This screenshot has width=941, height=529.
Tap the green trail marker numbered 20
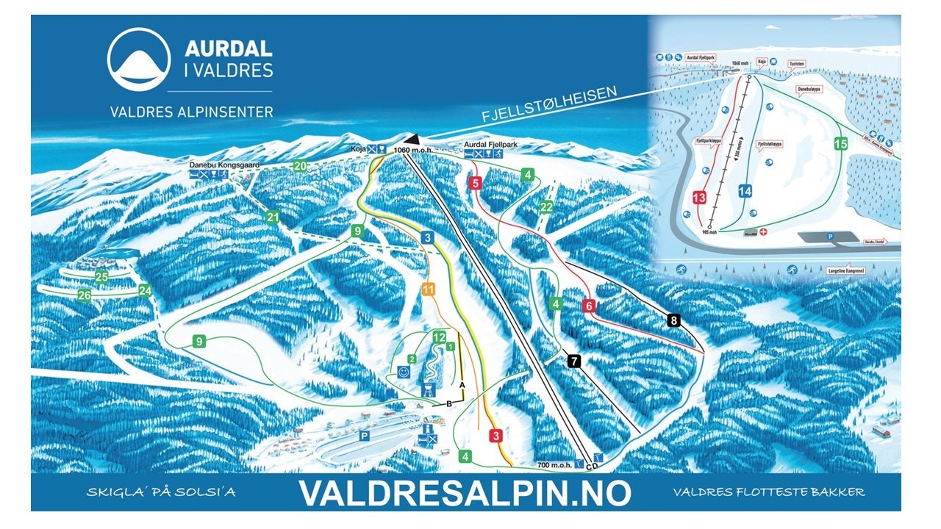tap(300, 166)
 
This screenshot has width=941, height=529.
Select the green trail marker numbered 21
tap(273, 217)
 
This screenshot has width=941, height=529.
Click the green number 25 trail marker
tap(101, 277)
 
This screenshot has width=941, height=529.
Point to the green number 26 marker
tap(85, 295)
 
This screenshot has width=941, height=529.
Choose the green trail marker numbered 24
tap(145, 289)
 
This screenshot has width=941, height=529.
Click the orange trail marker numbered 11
tap(429, 289)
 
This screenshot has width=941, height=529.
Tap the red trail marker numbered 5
tap(476, 183)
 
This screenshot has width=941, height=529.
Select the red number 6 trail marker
tap(588, 305)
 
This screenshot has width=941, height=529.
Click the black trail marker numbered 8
tap(673, 320)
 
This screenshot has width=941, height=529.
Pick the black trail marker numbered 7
tap(574, 360)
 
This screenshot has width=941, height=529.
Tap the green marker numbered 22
tap(545, 207)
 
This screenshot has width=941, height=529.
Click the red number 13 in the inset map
tap(699, 197)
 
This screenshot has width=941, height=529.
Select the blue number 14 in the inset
tap(745, 191)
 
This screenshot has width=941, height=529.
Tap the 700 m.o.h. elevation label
tap(555, 464)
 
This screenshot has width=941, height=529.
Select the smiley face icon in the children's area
tap(404, 373)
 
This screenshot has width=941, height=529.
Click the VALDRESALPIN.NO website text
tap(465, 493)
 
